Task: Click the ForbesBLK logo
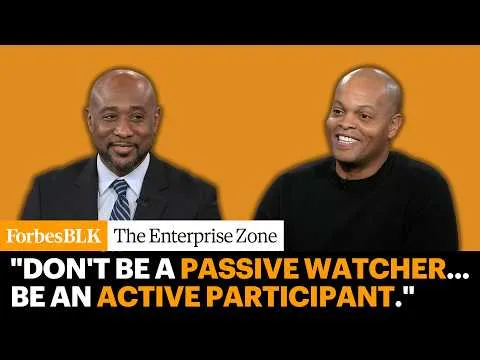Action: [54, 236]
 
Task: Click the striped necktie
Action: [120, 200]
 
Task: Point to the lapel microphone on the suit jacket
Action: [139, 201]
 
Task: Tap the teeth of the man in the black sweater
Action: [348, 138]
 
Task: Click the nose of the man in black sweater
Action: [347, 124]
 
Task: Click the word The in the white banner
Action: [130, 236]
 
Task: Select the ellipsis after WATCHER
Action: [458, 275]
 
